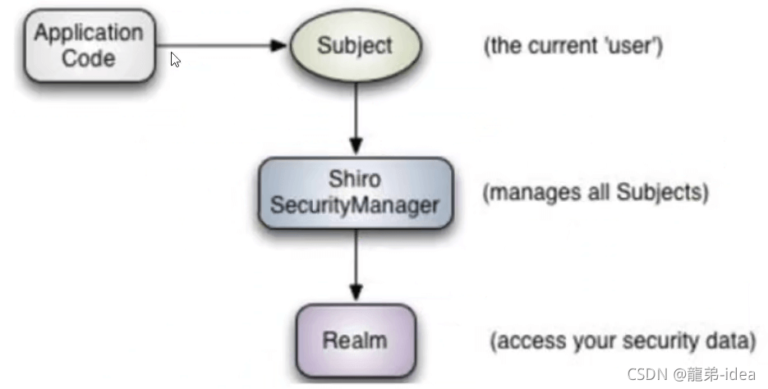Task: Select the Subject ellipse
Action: pos(355,45)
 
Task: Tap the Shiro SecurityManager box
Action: pos(355,194)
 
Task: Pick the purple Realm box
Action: pos(355,340)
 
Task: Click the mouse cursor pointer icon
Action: pos(175,60)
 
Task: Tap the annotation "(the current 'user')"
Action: pos(573,45)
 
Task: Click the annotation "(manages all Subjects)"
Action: pos(596,194)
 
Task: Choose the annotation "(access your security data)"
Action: pos(623,340)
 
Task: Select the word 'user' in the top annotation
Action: pos(634,45)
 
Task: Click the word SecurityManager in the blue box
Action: pos(355,206)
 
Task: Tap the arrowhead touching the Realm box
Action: pos(355,293)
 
